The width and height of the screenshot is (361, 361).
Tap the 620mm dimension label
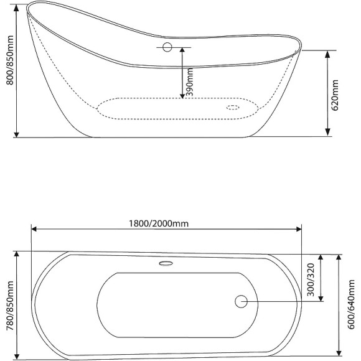335,93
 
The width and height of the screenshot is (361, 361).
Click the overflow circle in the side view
166,47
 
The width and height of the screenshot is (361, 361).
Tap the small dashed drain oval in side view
233,107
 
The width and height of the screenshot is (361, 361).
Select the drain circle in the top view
241,301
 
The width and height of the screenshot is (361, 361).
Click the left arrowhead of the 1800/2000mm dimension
34,230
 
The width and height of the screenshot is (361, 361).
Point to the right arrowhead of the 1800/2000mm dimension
299,230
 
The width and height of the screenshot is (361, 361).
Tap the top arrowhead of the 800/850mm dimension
17,7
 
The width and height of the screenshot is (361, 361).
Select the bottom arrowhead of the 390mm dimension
182,95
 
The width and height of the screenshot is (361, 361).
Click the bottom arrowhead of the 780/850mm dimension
17,357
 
